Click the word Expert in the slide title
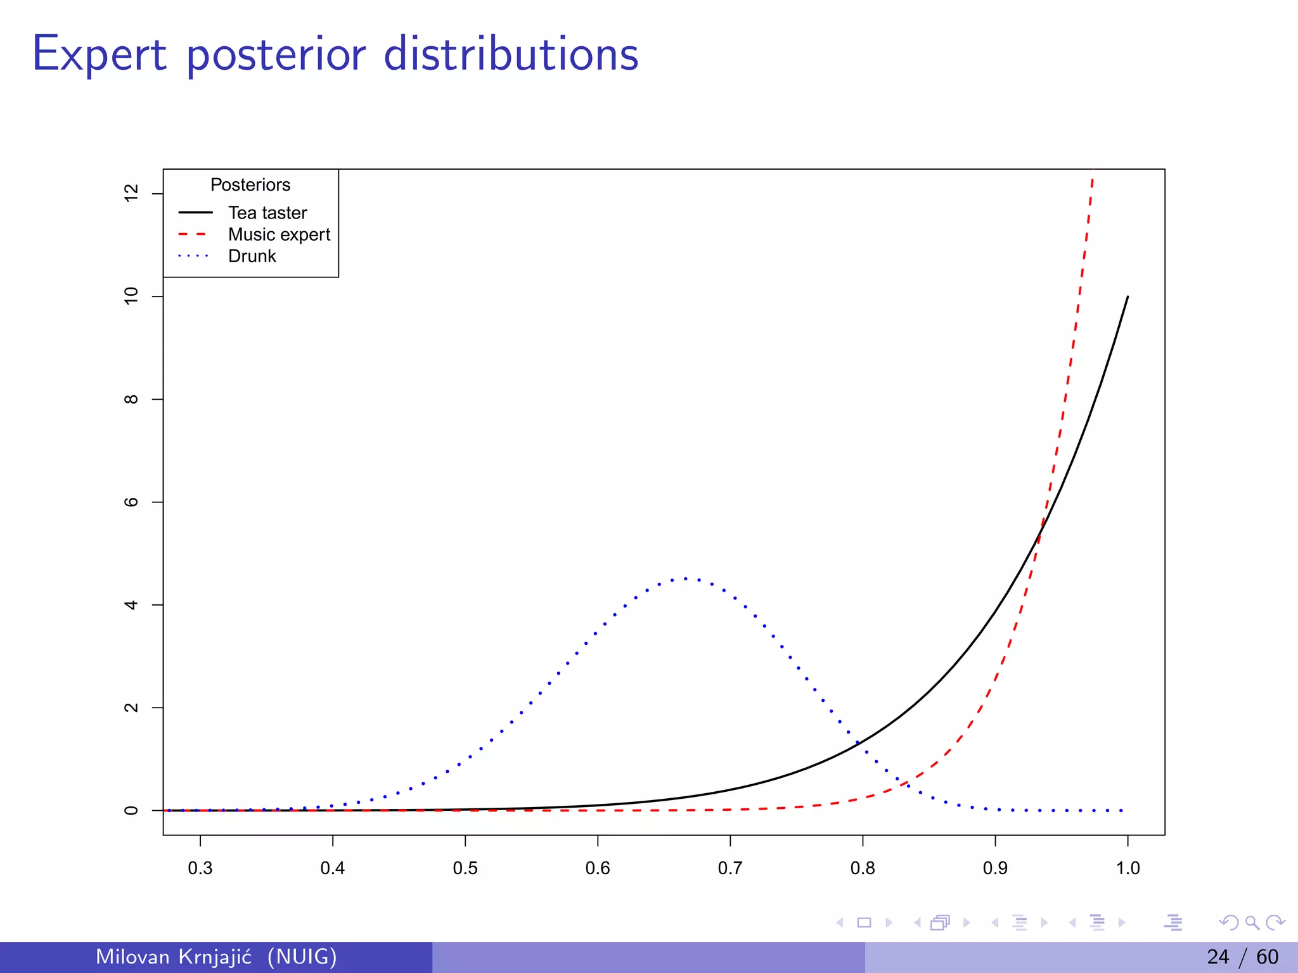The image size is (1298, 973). point(100,54)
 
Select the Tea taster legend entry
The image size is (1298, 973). point(267,213)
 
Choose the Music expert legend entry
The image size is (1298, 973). point(279,234)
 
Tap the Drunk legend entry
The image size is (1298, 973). point(252,256)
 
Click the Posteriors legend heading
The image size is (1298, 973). point(250,185)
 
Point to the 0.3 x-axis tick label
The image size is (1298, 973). point(200,868)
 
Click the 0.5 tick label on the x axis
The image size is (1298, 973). point(465,868)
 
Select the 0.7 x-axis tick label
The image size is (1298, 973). point(730,868)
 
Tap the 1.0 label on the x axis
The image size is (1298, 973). point(1128,868)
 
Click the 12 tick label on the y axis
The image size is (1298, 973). point(131,193)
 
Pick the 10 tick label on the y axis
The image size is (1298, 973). point(131,296)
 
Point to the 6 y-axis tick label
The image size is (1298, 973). point(131,502)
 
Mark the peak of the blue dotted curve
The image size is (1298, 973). point(686,578)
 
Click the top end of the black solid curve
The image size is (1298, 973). point(1128,296)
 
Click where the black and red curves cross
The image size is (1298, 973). point(1039,533)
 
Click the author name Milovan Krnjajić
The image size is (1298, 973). point(174,957)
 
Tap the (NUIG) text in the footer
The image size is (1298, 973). point(302,957)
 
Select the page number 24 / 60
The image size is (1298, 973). point(1242,957)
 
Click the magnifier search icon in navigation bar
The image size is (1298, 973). point(1252,922)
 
